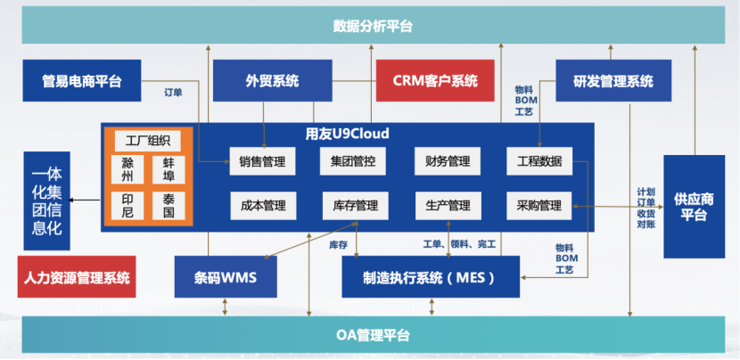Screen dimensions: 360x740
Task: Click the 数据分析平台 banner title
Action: coord(373,26)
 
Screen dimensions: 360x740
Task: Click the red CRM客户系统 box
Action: coord(435,82)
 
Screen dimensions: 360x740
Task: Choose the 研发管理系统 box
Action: coord(613,82)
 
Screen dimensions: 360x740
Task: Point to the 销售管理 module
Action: coord(262,161)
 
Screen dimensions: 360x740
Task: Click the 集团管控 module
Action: coord(355,161)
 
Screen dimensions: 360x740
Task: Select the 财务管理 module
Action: coord(448,161)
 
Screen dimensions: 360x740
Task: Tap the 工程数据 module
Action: coord(539,161)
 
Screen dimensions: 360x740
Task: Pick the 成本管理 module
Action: coord(262,206)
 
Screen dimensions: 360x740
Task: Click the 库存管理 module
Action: coord(355,206)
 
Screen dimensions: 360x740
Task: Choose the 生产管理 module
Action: coord(448,206)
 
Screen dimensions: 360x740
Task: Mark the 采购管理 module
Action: coord(539,206)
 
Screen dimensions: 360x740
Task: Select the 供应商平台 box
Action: coord(694,206)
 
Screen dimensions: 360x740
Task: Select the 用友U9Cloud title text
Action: coord(347,134)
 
